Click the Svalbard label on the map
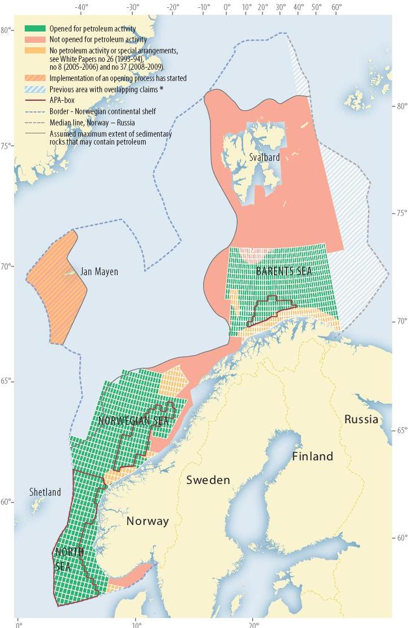(264, 158)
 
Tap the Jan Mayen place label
(99, 272)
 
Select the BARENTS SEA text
(284, 271)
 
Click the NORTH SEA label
(69, 559)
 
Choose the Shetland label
(45, 492)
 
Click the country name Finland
(312, 456)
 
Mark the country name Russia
(361, 419)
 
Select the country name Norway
(147, 521)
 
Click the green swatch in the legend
(35, 29)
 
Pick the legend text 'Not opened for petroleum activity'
(98, 40)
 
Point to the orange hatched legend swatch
(35, 78)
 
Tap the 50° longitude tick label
(316, 8)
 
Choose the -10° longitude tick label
(204, 8)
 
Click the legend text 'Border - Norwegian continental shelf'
(102, 111)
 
